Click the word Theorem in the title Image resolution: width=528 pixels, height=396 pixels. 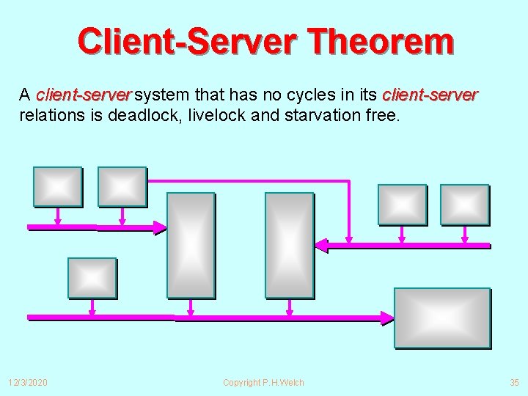[x=382, y=42]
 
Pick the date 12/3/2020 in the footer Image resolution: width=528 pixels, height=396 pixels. [x=28, y=383]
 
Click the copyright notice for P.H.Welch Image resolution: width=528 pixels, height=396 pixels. [x=263, y=383]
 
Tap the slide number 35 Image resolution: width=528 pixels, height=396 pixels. [x=513, y=383]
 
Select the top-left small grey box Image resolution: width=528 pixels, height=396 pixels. [x=57, y=186]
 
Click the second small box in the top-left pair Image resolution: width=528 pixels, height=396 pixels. [x=122, y=186]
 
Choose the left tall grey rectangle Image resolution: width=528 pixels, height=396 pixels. [x=191, y=245]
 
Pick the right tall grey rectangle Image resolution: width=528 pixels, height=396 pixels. [x=289, y=245]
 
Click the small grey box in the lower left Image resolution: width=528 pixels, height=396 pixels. [x=92, y=277]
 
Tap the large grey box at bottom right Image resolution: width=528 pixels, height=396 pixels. [x=441, y=318]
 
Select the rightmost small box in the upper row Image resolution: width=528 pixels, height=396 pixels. [x=464, y=204]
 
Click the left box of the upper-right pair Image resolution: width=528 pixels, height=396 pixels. [x=402, y=204]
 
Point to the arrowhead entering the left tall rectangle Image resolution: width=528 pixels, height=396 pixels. [x=160, y=227]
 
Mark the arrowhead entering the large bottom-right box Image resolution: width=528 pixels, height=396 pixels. [x=387, y=318]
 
